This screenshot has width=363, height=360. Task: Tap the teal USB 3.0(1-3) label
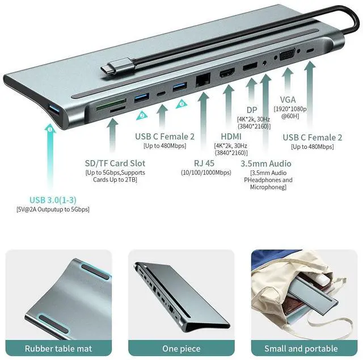[52, 199]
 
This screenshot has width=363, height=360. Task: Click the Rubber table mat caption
[58, 348]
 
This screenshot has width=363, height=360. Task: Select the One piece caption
[181, 348]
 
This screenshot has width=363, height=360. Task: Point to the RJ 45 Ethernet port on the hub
[202, 80]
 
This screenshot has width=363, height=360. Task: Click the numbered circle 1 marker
[50, 129]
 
